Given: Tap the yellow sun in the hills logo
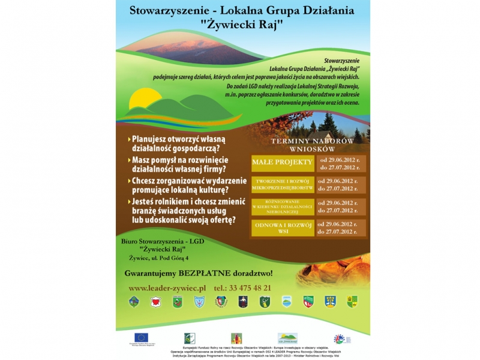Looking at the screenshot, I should pos(145,97).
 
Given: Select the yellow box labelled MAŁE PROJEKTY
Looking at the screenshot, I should pos(282,162).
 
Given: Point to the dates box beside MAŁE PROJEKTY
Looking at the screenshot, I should pos(340,163).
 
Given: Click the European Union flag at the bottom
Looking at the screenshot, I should pos(142,337).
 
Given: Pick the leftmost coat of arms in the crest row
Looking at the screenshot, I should pos(134,301).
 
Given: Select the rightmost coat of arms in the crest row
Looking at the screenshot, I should pos(352,301).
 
